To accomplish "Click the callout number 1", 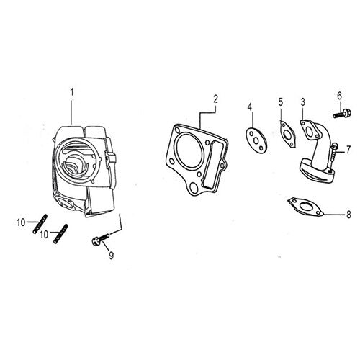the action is click(71, 93).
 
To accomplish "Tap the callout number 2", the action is click(215, 99).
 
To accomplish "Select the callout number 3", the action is click(303, 102).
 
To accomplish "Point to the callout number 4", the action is click(250, 107).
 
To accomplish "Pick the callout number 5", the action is click(281, 102).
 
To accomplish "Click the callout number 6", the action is click(339, 96).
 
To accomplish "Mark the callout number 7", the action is click(348, 149).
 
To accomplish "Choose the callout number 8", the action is click(348, 215).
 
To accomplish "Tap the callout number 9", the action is click(111, 256).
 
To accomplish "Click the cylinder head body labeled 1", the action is click(84, 171).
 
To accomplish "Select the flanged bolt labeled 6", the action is click(342, 113).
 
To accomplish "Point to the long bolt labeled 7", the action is click(333, 158).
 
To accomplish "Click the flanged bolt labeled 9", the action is click(101, 239).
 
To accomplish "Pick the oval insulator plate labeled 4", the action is click(256, 140).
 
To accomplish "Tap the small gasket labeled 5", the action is click(287, 135).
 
